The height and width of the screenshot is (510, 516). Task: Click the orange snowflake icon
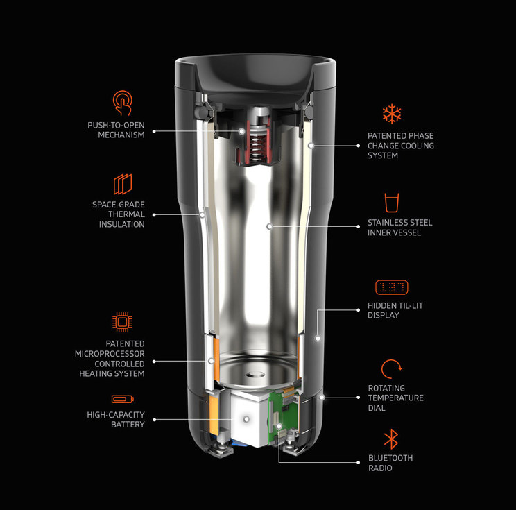(x=392, y=114)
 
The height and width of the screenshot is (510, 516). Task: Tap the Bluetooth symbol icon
(x=391, y=439)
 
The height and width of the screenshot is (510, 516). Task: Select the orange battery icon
(x=123, y=399)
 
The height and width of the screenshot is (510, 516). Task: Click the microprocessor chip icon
(x=122, y=322)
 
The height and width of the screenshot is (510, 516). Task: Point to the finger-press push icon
(x=123, y=103)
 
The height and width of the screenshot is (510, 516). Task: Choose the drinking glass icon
(x=392, y=203)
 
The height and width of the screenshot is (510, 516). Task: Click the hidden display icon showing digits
(x=392, y=287)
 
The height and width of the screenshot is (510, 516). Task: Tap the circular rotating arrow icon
(x=391, y=369)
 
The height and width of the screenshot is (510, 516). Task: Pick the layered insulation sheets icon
(x=123, y=184)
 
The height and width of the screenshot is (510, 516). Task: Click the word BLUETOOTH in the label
(x=390, y=458)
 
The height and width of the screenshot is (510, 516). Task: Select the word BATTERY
(x=128, y=425)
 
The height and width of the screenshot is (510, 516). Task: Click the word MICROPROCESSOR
(x=110, y=354)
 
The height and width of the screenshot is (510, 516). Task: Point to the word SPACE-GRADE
(x=119, y=205)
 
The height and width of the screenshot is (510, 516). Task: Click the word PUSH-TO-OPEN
(x=116, y=125)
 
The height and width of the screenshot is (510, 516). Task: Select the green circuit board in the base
(x=282, y=415)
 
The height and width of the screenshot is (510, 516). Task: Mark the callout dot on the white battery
(x=246, y=420)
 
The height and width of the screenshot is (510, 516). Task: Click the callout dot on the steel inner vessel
(x=269, y=226)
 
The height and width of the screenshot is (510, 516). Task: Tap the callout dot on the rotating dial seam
(x=322, y=398)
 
